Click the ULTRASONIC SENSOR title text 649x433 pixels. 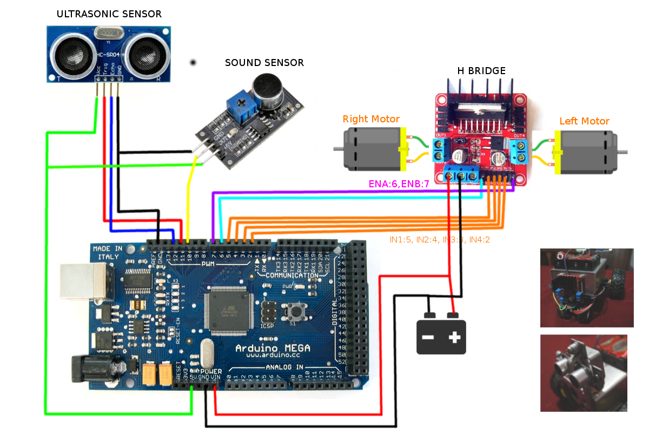click(109, 14)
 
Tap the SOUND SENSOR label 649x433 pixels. click(264, 63)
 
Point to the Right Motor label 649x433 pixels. click(371, 119)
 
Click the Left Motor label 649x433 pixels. click(584, 121)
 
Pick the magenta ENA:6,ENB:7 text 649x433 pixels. click(399, 184)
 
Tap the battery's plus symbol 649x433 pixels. click(454, 338)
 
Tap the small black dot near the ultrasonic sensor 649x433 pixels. click(193, 62)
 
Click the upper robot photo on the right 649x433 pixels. click(586, 287)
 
